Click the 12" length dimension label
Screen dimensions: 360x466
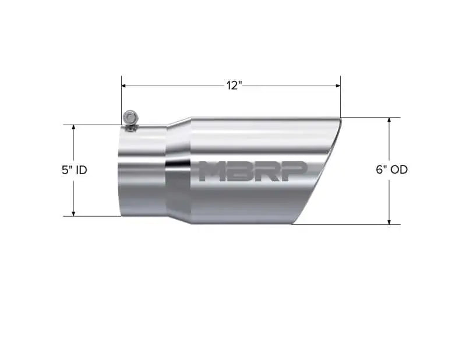[234, 86]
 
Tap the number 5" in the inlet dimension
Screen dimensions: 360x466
[66, 170]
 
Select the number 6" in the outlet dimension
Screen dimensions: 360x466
[382, 170]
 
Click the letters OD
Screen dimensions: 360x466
[399, 170]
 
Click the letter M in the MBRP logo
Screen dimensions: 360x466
[212, 171]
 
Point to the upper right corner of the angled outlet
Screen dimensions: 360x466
[340, 119]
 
